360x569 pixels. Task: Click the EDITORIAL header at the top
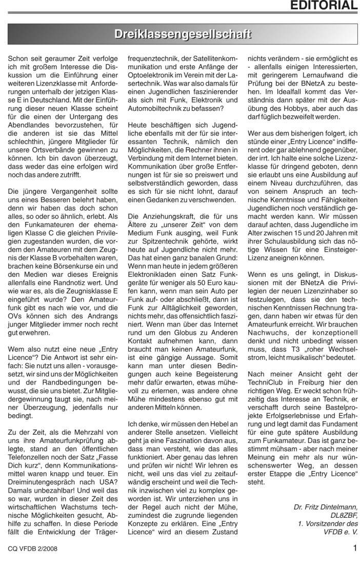(324, 6)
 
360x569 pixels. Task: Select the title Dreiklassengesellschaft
(183, 35)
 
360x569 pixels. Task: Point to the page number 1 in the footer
(354, 548)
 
